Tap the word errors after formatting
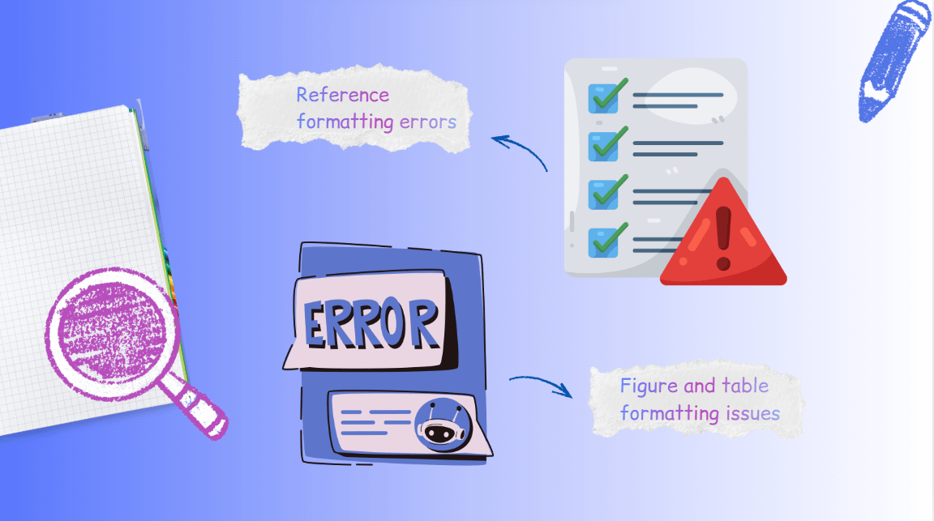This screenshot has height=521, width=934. click(429, 122)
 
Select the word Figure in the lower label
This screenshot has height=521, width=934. click(646, 386)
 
